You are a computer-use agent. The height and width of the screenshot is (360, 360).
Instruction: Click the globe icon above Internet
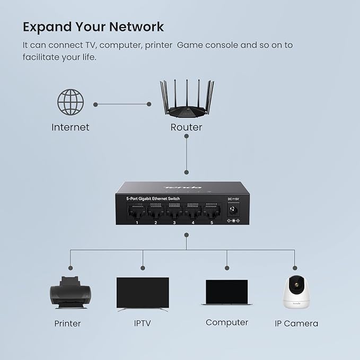point(71,102)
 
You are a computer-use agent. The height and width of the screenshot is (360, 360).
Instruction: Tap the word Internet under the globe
point(71,127)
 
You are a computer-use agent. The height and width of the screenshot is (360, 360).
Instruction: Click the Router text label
point(186,127)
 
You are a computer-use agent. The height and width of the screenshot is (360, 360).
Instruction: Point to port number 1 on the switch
point(137,212)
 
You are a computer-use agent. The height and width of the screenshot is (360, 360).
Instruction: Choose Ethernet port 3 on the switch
point(174,212)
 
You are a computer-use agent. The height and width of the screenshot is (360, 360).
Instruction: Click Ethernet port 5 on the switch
point(212,212)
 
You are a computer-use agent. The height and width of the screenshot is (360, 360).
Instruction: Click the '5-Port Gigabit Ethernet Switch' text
point(153,198)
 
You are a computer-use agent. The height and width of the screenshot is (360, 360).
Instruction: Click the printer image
point(71,293)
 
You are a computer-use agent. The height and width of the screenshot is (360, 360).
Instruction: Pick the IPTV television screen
point(143,293)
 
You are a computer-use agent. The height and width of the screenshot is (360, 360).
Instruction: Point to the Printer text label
point(67,323)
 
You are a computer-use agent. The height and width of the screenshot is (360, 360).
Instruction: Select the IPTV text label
point(143,323)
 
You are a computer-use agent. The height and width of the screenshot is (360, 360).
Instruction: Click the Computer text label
point(226,322)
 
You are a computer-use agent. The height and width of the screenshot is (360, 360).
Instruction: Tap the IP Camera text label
point(296,323)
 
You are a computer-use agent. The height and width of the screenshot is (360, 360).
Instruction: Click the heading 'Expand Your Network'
point(93,27)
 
